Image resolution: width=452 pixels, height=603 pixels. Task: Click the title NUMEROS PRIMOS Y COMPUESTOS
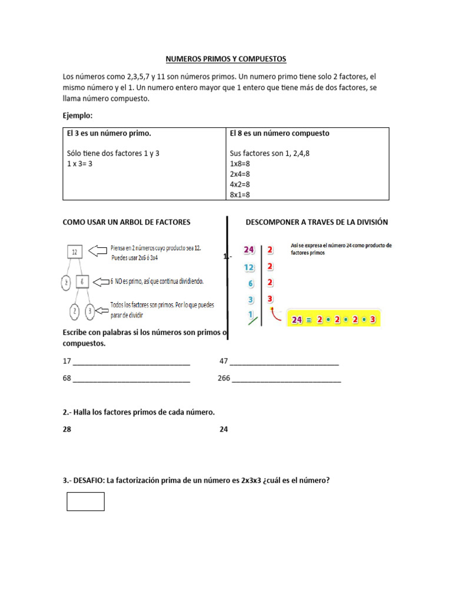225,59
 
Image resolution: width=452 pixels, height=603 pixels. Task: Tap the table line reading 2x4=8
240,174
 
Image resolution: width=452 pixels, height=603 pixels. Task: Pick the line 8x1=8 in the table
240,194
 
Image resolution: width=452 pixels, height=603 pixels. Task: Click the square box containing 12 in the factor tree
75,252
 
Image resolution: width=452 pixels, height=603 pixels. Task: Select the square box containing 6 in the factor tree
83,283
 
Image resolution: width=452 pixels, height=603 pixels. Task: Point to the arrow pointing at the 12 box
98,252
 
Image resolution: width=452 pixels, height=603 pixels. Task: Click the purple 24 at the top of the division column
249,250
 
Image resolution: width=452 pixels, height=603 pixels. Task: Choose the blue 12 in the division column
249,267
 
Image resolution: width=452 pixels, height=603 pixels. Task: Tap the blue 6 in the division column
251,283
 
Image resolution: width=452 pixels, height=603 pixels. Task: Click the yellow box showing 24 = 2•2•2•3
333,320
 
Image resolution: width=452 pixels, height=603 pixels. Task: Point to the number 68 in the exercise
67,378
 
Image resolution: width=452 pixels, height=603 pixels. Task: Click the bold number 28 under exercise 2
67,429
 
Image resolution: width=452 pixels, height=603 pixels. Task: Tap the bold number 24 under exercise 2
224,429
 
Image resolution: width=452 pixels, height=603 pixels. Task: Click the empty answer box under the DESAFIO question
85,501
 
